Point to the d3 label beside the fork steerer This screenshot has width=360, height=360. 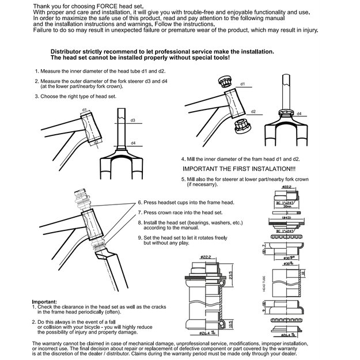132,120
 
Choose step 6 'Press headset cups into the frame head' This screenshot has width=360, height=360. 184,203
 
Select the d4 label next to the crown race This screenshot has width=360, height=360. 300,114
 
